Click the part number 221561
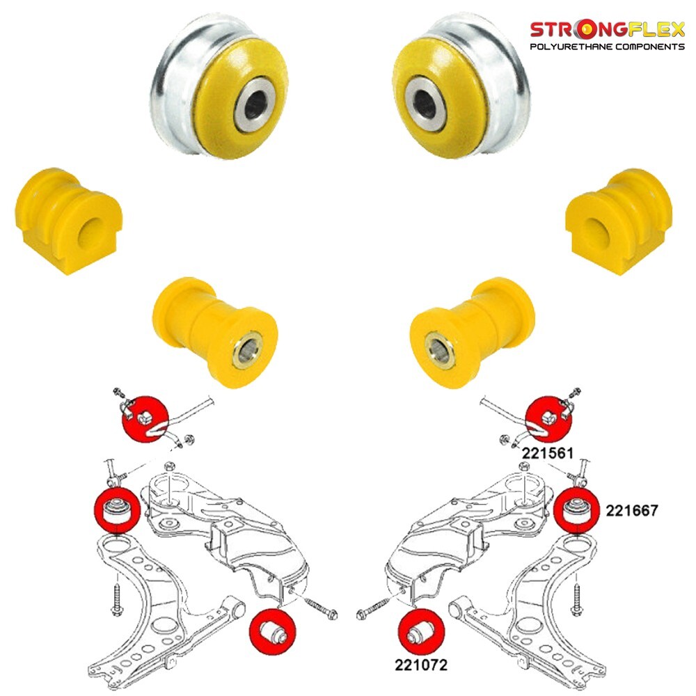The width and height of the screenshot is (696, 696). [547, 453]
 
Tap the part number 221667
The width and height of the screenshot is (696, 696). [632, 510]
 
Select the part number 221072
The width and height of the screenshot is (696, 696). [421, 665]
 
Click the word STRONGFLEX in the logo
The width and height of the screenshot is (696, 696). [608, 30]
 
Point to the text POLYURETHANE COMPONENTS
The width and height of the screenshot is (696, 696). [608, 47]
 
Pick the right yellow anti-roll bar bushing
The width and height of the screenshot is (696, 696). [619, 221]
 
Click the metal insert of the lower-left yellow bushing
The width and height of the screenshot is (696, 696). [248, 349]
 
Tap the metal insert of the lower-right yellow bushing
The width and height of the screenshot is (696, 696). [439, 351]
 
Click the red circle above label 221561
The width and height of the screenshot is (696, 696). [548, 420]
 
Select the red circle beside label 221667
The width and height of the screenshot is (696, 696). [577, 510]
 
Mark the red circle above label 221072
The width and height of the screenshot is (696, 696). [421, 633]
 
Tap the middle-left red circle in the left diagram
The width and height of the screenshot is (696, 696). [118, 510]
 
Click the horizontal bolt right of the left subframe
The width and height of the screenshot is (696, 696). [321, 607]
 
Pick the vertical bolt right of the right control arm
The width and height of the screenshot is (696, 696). [577, 599]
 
